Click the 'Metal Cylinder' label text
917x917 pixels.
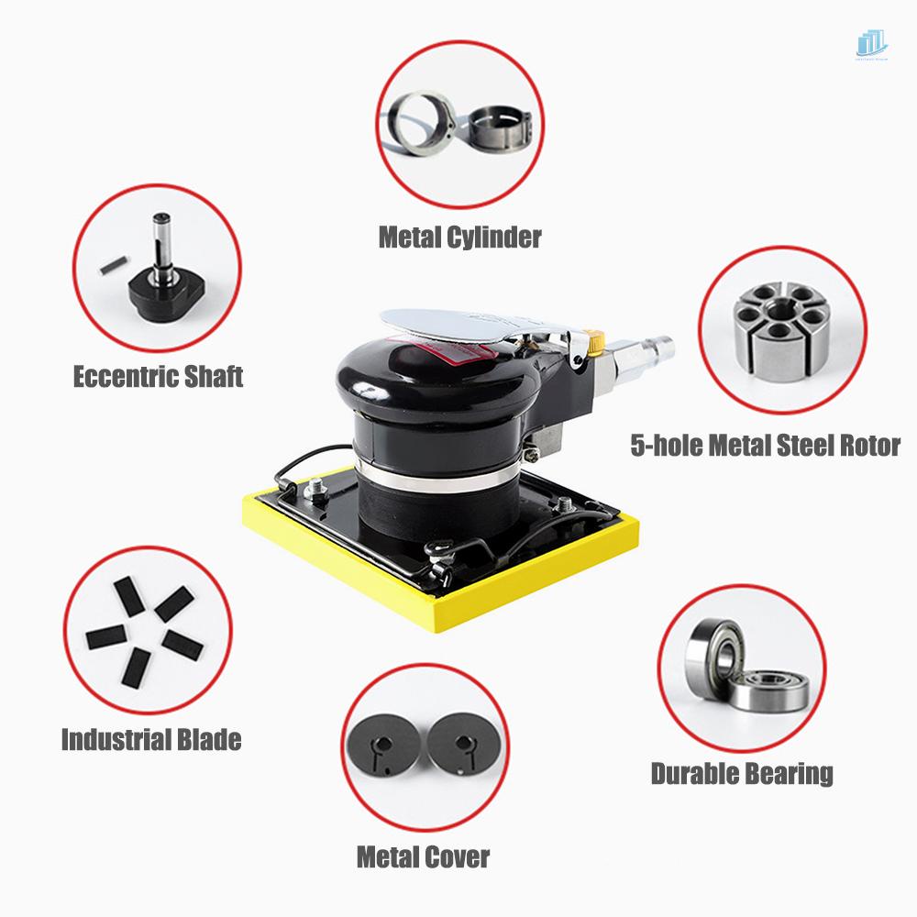[459, 238]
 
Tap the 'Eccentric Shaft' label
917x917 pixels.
[158, 376]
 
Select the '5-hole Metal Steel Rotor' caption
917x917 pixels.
[765, 446]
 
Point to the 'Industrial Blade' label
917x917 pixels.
[151, 739]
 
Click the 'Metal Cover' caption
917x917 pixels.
[423, 857]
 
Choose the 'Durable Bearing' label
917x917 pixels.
[742, 773]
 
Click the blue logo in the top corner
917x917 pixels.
[871, 43]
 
